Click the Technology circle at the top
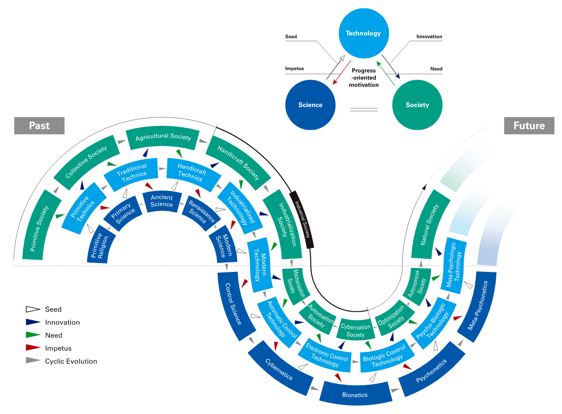pyautogui.click(x=363, y=33)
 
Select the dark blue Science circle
pyautogui.click(x=310, y=105)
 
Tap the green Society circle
pyautogui.click(x=417, y=105)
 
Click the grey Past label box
pyautogui.click(x=39, y=126)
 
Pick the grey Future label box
pyautogui.click(x=529, y=126)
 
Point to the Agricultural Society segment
pyautogui.click(x=163, y=137)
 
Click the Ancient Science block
pyautogui.click(x=162, y=201)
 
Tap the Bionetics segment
pyautogui.click(x=355, y=394)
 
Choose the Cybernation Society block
pyautogui.click(x=355, y=330)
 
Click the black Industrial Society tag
pyautogui.click(x=302, y=219)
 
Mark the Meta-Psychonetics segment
pyautogui.click(x=478, y=306)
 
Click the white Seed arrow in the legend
pyautogui.click(x=33, y=309)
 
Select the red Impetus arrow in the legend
pyautogui.click(x=33, y=348)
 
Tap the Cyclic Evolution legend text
pyautogui.click(x=71, y=361)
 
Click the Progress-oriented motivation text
pyautogui.click(x=364, y=78)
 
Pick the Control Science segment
pyautogui.click(x=234, y=304)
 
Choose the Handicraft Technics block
pyautogui.click(x=192, y=172)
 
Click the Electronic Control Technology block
pyautogui.click(x=327, y=355)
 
